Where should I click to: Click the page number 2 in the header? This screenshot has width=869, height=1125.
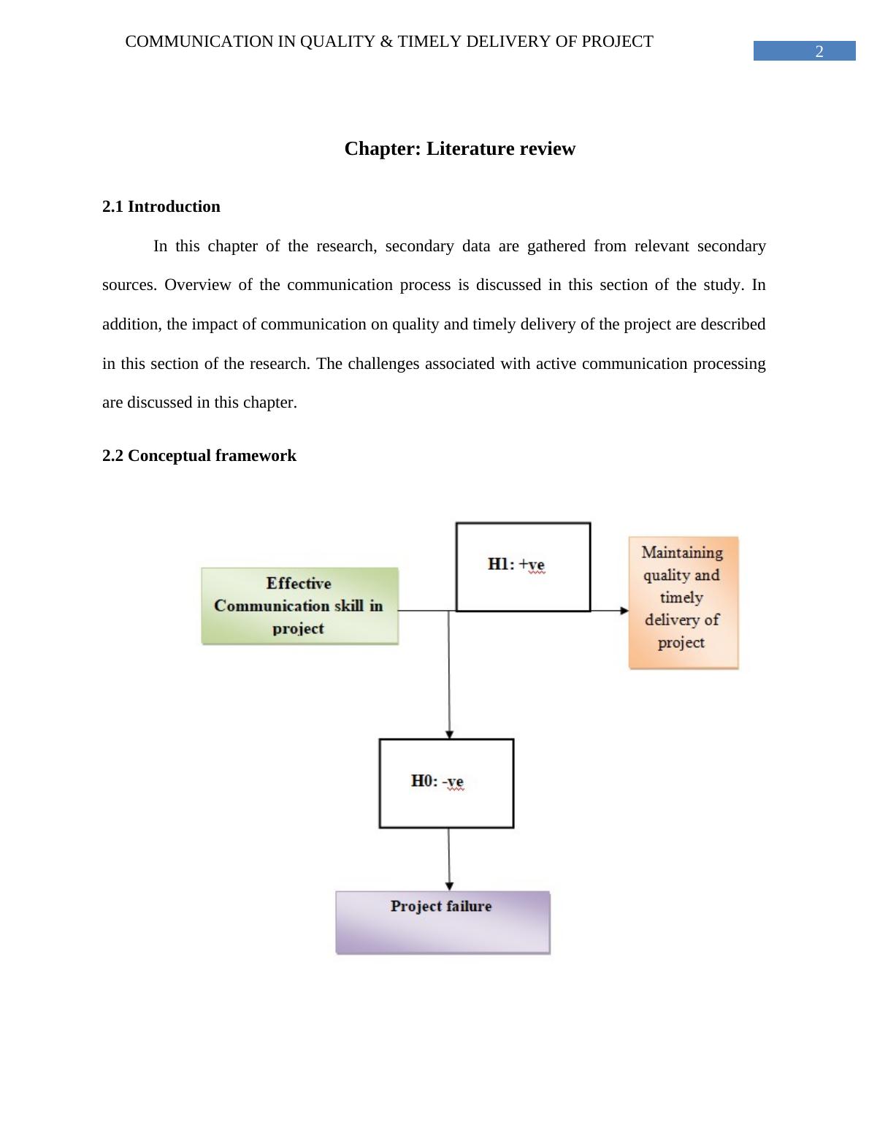coord(819,51)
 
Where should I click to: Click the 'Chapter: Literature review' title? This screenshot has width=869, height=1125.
coord(459,149)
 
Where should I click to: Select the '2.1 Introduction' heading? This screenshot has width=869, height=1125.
coord(161,207)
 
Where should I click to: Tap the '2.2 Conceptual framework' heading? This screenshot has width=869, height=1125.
coord(199,456)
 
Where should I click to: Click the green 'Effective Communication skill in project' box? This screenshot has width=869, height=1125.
coord(299,606)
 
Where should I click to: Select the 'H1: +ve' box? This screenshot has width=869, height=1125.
coord(523,566)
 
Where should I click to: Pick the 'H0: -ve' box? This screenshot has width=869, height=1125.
coord(446,782)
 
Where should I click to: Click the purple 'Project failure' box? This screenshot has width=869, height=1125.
coord(443,922)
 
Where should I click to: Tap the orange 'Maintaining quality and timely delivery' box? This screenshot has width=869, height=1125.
coord(683,602)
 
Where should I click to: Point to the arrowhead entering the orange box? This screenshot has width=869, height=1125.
coord(624,610)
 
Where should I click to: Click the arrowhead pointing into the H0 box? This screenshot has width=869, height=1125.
coord(449,733)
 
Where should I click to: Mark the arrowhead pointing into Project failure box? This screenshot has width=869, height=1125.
coord(449,886)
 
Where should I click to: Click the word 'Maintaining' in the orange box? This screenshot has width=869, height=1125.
coord(682,553)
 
